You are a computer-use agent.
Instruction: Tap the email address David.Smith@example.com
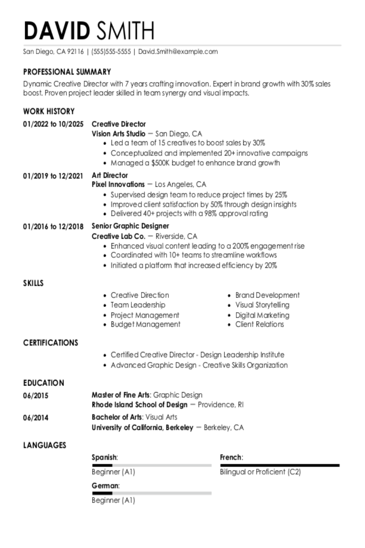pos(178,52)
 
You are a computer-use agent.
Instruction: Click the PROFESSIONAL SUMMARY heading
pos(67,72)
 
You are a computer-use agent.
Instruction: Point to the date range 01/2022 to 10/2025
pos(53,124)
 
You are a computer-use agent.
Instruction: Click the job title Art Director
pos(109,175)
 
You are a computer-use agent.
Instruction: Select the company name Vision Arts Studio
pos(118,134)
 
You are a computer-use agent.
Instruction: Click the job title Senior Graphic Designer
pos(130,226)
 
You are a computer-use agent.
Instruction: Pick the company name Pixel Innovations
pos(118,184)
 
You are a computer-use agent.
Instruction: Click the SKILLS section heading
pos(33,283)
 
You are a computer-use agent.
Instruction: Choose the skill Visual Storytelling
pos(262,305)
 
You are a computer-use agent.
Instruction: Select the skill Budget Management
pos(146,324)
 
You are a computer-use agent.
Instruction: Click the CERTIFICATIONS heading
pos(51,343)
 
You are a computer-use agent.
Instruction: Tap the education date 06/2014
pos(36,417)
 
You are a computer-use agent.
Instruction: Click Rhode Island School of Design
pos(140,405)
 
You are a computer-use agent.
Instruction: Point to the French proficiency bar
pos(280,465)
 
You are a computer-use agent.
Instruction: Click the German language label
pos(105,485)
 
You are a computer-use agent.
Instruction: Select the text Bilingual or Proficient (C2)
pos(260,472)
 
